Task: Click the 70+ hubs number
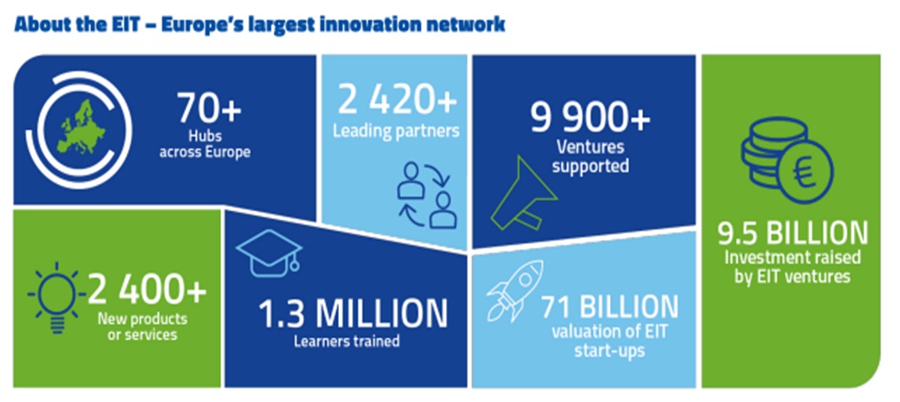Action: coord(208,108)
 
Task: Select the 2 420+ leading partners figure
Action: coord(396,101)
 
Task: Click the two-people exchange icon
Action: coord(427,195)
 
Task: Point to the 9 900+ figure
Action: coord(590,120)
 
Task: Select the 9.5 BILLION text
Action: coord(793,234)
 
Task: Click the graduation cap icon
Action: coord(269,249)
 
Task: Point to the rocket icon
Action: coord(515,290)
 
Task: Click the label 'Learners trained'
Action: coord(346,343)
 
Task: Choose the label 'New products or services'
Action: coord(144,326)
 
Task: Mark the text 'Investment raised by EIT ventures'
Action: coord(793,267)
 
